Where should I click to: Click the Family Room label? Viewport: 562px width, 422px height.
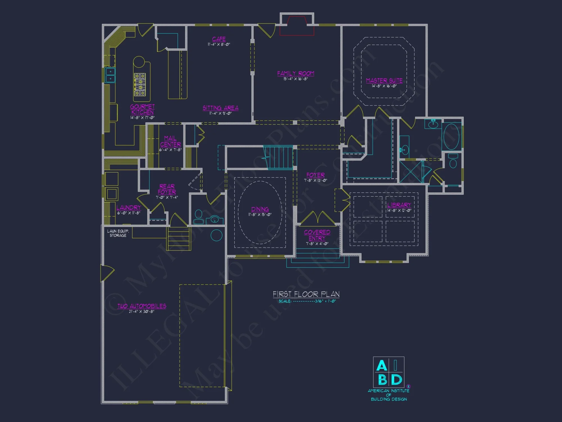pyautogui.click(x=296, y=73)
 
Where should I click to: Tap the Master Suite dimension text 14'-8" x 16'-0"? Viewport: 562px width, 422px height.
pyautogui.click(x=384, y=86)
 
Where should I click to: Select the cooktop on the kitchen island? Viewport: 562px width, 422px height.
pyautogui.click(x=140, y=85)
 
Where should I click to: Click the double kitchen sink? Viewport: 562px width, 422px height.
pyautogui.click(x=110, y=75)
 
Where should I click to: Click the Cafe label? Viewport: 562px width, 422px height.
pyautogui.click(x=219, y=39)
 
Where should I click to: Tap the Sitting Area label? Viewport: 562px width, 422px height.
pyautogui.click(x=221, y=108)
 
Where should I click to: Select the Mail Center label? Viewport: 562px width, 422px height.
pyautogui.click(x=170, y=141)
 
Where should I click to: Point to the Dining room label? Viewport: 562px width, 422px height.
pyautogui.click(x=260, y=209)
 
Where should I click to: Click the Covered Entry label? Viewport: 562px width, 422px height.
pyautogui.click(x=317, y=235)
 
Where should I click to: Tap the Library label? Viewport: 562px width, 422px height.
pyautogui.click(x=399, y=205)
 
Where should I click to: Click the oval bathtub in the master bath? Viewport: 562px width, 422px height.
pyautogui.click(x=451, y=136)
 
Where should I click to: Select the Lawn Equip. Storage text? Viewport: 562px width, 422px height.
pyautogui.click(x=118, y=233)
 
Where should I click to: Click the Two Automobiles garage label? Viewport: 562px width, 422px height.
pyautogui.click(x=142, y=306)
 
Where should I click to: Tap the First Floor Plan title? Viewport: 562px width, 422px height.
pyautogui.click(x=306, y=294)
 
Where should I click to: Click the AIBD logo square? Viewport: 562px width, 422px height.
pyautogui.click(x=389, y=372)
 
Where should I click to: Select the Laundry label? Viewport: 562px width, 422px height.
pyautogui.click(x=128, y=208)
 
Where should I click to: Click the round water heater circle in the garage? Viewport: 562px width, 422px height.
pyautogui.click(x=216, y=235)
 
